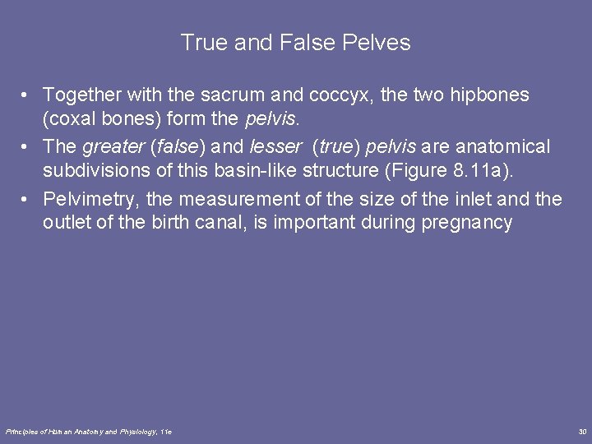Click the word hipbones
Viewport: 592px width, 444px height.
pos(488,95)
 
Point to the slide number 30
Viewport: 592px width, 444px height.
pos(582,431)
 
